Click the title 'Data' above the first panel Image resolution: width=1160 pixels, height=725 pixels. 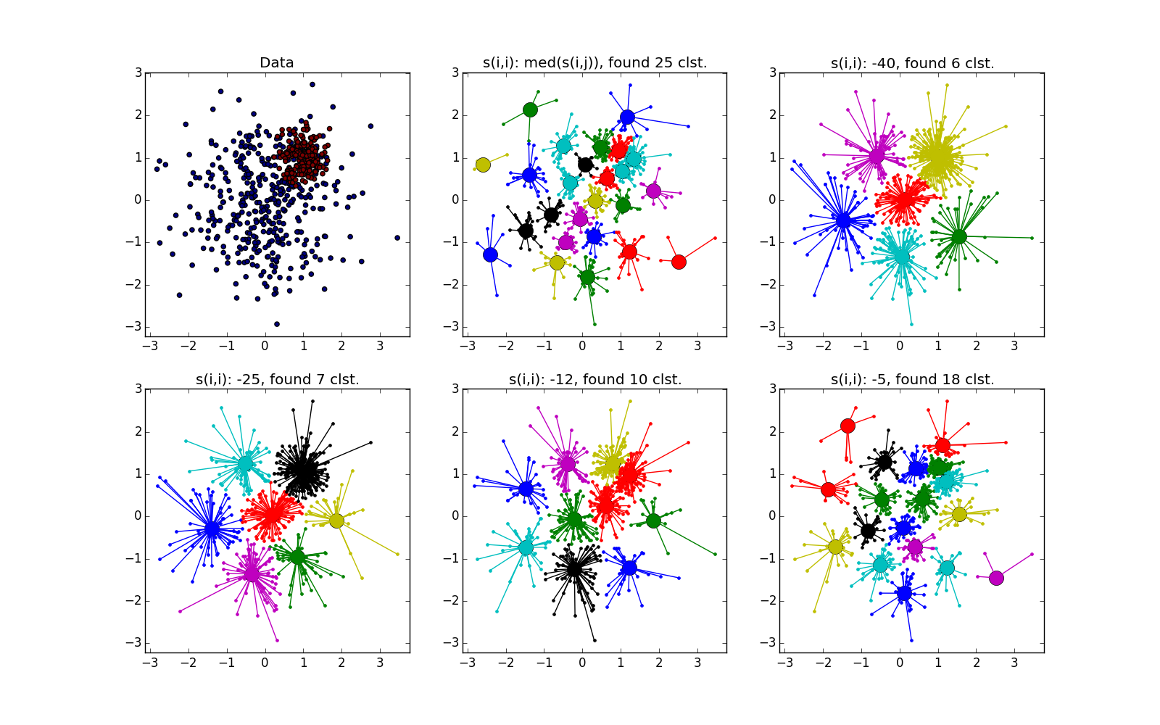(x=276, y=63)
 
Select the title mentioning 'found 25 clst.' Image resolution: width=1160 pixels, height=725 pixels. (x=594, y=63)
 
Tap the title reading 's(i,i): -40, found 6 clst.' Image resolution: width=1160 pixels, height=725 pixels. (x=912, y=63)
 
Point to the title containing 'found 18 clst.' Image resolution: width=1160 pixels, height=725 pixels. (x=912, y=379)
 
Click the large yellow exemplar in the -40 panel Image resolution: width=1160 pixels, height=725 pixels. (x=938, y=158)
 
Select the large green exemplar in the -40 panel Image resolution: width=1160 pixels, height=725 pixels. (x=959, y=236)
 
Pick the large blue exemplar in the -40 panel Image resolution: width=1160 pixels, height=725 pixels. (x=843, y=220)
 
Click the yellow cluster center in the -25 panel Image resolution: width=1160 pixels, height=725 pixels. (x=336, y=521)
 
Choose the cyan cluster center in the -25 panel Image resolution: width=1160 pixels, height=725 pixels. (x=245, y=463)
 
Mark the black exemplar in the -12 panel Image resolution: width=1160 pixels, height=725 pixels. (x=574, y=568)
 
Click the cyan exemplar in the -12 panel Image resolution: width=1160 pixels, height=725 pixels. (x=526, y=547)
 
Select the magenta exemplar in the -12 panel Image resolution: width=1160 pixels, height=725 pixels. (x=567, y=463)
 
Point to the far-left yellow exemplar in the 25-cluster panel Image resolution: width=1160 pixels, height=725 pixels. (x=483, y=165)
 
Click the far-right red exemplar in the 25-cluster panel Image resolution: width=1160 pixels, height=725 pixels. (x=679, y=262)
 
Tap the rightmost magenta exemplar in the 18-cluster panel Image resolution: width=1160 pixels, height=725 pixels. (x=996, y=578)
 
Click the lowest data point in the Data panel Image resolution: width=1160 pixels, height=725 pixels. (x=276, y=324)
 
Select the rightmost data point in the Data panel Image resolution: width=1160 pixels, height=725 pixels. (x=397, y=238)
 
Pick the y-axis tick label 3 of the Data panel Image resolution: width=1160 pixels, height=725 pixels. (x=138, y=72)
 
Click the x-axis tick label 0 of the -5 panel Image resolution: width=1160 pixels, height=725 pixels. (x=900, y=663)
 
